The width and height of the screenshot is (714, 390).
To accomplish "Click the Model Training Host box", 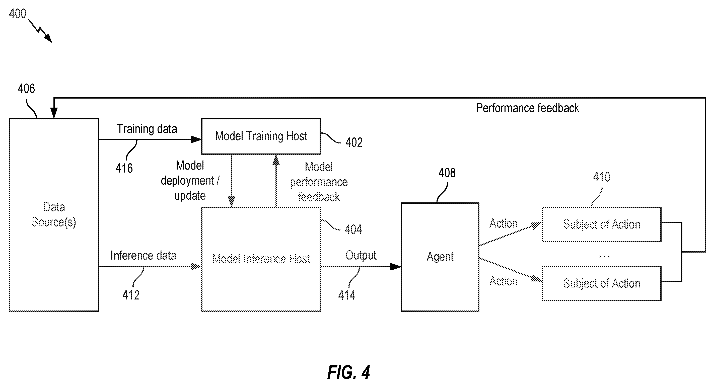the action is click(261, 136).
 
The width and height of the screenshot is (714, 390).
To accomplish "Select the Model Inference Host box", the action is click(261, 259).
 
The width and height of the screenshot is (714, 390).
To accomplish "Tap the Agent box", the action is click(440, 257).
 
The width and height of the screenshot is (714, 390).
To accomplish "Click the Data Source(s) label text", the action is click(54, 214).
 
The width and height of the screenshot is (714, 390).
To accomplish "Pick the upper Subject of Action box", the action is click(601, 224).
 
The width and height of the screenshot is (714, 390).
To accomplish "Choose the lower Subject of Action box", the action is click(601, 284).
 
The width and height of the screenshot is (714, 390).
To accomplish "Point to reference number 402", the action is click(354, 142).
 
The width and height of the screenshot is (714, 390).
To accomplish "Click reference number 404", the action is click(353, 229).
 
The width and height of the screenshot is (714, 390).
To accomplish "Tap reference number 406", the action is click(26, 89).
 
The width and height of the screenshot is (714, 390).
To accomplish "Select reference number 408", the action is click(447, 173).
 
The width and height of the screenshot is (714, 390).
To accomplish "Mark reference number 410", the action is click(601, 177).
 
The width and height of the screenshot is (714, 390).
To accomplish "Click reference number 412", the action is click(131, 295).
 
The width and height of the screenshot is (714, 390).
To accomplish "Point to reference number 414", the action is click(346, 295).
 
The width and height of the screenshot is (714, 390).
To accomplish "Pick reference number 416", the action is click(124, 168).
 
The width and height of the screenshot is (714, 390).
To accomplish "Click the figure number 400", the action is click(18, 14).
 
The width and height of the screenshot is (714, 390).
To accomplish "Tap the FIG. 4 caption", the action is click(348, 372).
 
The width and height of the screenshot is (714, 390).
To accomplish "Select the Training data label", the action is click(147, 129).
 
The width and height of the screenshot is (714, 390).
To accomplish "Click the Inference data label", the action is click(143, 255).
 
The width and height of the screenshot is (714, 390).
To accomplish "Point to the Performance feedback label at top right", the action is click(527, 108).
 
